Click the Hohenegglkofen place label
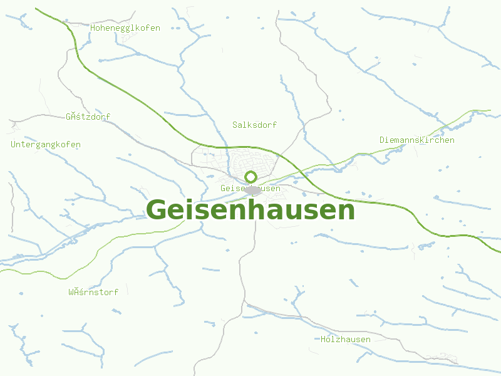coord(125,28)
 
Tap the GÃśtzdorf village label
coord(88,117)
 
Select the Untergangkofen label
coord(46,145)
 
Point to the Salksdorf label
coord(254,125)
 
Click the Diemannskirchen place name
coord(417,140)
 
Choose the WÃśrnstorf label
coord(93,293)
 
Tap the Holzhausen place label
coord(346,340)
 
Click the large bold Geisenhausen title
coord(250,210)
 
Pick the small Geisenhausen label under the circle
coord(250,189)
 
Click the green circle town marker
coord(251,177)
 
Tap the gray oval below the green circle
coord(252,189)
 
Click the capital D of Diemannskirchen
coord(383,140)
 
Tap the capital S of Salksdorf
coord(235,125)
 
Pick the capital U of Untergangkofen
coord(14,145)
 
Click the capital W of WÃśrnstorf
coord(71,293)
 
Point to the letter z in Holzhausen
coord(338,340)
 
